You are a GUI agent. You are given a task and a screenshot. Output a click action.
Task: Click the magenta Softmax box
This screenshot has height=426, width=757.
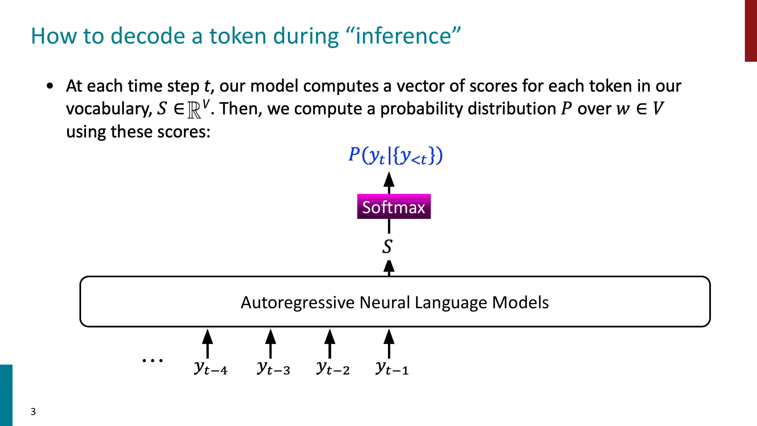[x=394, y=207]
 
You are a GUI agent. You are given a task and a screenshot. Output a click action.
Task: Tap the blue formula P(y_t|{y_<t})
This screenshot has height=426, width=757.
[x=395, y=155]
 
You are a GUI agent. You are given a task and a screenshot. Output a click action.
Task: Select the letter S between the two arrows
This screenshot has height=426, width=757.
[x=387, y=247]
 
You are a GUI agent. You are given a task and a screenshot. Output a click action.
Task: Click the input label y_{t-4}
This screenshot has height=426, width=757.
[x=211, y=368]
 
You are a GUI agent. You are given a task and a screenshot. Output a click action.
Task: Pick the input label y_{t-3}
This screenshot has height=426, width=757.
[x=273, y=368]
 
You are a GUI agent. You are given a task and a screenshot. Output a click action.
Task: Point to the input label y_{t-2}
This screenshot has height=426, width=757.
[x=333, y=368]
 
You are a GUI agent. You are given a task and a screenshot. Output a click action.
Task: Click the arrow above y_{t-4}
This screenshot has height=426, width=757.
[x=207, y=343]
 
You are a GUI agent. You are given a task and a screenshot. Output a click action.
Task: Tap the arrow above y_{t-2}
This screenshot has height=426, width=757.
[x=330, y=343]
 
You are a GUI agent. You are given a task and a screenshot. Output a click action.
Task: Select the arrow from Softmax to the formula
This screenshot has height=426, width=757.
[x=389, y=183]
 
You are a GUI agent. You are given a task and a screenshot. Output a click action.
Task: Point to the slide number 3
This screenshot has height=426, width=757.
[x=33, y=412]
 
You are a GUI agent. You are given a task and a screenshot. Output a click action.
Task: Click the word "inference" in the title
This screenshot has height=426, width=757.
[x=403, y=36]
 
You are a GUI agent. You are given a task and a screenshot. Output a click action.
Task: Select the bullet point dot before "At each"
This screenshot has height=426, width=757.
[x=50, y=86]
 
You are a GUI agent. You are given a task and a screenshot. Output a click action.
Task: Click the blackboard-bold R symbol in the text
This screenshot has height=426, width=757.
[x=194, y=110]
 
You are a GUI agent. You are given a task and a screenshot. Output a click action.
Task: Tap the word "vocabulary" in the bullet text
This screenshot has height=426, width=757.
[x=108, y=109]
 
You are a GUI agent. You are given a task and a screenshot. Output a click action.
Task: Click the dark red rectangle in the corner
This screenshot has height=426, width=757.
[x=751, y=30]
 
